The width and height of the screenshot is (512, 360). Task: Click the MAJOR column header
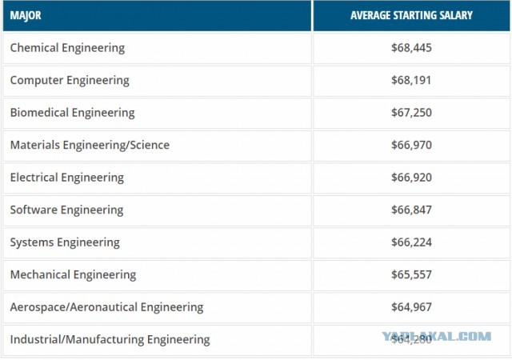pyautogui.click(x=26, y=15)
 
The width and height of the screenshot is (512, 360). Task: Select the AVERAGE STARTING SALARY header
pyautogui.click(x=411, y=15)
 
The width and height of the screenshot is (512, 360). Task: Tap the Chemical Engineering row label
pyautogui.click(x=67, y=48)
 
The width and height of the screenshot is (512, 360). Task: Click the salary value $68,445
pyautogui.click(x=411, y=48)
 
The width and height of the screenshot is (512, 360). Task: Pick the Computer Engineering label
pyautogui.click(x=70, y=80)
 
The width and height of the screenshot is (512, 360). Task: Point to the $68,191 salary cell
pyautogui.click(x=411, y=80)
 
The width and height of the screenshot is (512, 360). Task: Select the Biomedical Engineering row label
pyautogui.click(x=72, y=112)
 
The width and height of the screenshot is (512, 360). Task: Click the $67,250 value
pyautogui.click(x=411, y=112)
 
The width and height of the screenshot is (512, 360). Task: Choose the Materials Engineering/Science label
pyautogui.click(x=90, y=145)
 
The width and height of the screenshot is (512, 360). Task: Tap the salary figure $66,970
pyautogui.click(x=411, y=145)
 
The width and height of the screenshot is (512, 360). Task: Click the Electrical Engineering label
pyautogui.click(x=67, y=177)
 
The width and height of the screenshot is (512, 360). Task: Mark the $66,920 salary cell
pyautogui.click(x=411, y=177)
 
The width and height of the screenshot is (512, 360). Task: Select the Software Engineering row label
pyautogui.click(x=66, y=210)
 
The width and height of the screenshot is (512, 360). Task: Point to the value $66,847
pyautogui.click(x=411, y=210)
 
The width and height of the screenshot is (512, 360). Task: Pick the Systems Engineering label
pyautogui.click(x=65, y=242)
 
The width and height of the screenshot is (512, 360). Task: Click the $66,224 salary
pyautogui.click(x=411, y=242)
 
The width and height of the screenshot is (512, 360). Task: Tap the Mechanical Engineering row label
pyautogui.click(x=73, y=274)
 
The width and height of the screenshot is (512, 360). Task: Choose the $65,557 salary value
pyautogui.click(x=411, y=274)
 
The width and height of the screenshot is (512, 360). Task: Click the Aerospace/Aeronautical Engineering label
pyautogui.click(x=106, y=306)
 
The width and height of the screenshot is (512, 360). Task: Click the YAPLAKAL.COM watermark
pyautogui.click(x=437, y=336)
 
